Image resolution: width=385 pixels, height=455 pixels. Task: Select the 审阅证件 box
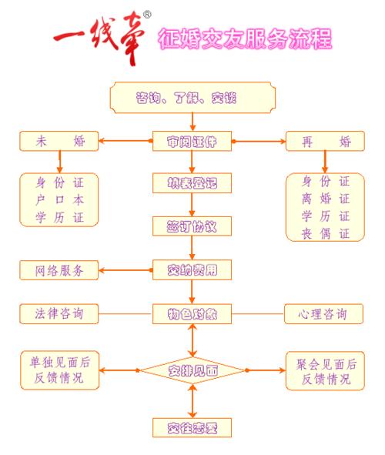192,142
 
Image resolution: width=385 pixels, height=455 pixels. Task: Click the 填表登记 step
192,185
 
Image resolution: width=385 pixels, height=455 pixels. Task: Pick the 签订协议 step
192,227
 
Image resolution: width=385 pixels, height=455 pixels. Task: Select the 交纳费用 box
192,270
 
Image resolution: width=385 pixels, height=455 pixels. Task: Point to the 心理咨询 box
323,313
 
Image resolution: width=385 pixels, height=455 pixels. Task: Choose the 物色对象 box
192,313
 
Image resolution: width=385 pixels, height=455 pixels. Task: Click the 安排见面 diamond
192,370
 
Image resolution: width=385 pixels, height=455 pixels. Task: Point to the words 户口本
59,200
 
